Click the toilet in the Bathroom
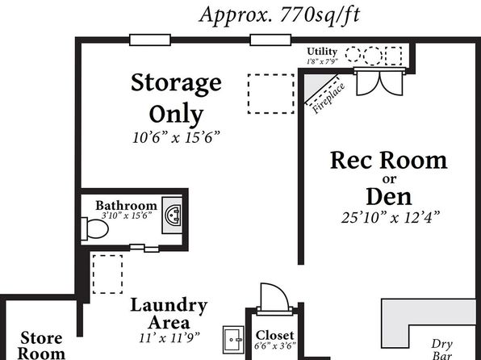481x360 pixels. click(94, 229)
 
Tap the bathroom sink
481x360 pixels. click(172, 216)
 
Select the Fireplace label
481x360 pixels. click(328, 98)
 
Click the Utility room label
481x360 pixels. click(322, 51)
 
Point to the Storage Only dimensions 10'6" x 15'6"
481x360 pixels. click(177, 137)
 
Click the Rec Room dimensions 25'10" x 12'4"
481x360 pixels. click(391, 217)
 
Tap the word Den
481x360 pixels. click(389, 197)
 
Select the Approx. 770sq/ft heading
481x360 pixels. click(279, 15)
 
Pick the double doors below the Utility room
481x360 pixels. click(379, 82)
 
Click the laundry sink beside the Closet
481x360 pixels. click(233, 340)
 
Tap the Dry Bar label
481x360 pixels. click(442, 350)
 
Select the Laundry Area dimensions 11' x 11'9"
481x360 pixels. click(169, 338)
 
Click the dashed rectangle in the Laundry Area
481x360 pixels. click(107, 274)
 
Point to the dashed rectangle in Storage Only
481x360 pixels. click(271, 94)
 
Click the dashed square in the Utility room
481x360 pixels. click(393, 56)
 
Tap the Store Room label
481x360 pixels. click(41, 345)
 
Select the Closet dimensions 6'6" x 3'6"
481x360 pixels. click(275, 345)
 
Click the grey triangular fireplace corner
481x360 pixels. click(316, 85)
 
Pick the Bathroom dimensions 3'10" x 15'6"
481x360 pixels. click(127, 216)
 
